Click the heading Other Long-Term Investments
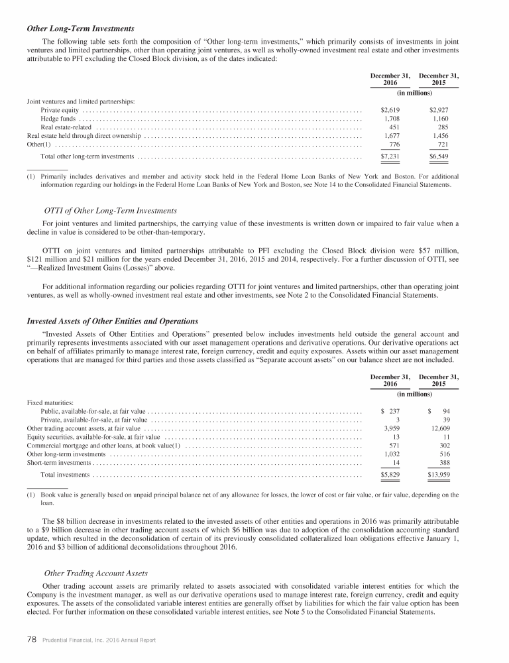[80, 29]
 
